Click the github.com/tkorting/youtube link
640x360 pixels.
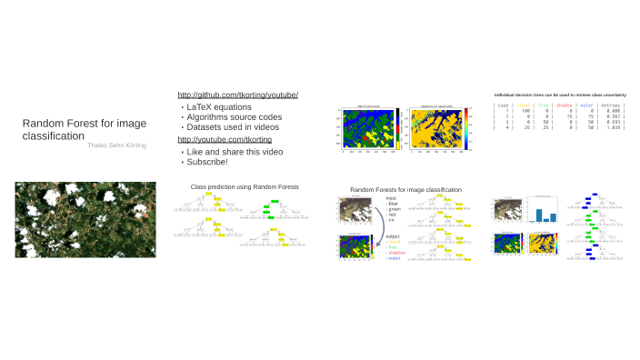(x=238, y=95)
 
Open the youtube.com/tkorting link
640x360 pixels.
(x=225, y=139)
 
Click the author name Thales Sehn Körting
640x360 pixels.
(x=116, y=145)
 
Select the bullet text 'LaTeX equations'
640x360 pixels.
(x=217, y=107)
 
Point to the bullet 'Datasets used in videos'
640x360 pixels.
(x=233, y=127)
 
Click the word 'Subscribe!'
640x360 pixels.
(x=206, y=162)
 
